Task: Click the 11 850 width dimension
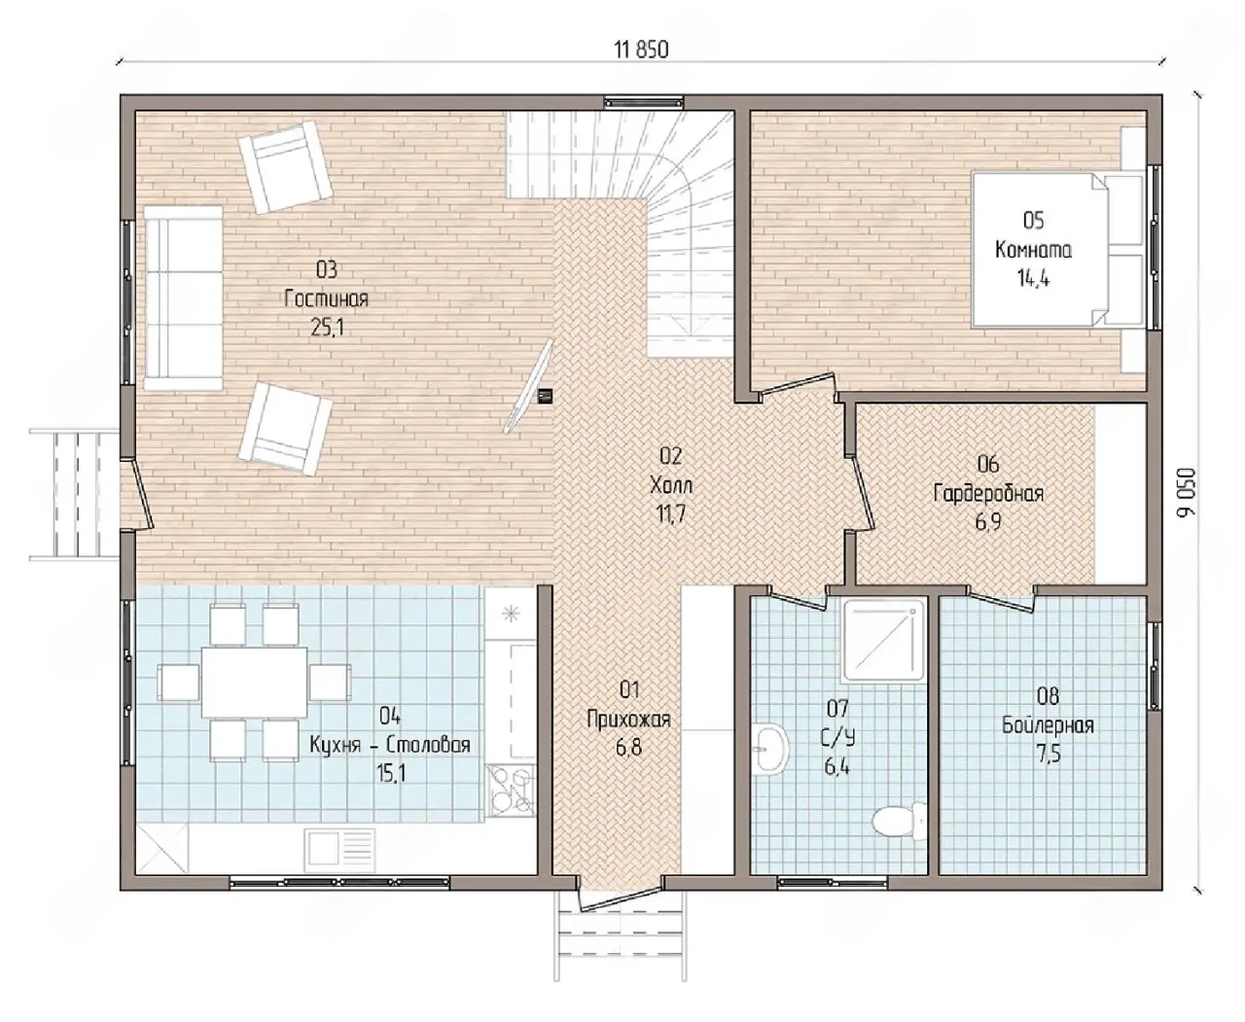pos(641,50)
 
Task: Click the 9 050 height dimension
pos(1186,492)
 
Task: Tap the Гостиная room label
pos(326,299)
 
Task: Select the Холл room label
pos(671,485)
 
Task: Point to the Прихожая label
pos(628,720)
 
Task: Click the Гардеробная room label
pos(988,493)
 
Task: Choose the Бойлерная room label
pos(1048,725)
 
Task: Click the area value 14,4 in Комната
pos(1033,277)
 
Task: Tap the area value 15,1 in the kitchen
pos(390,772)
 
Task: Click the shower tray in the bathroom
pos(883,640)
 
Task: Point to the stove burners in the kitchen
pos(511,791)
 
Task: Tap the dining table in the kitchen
pos(255,682)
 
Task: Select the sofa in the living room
pos(183,298)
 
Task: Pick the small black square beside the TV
pos(545,396)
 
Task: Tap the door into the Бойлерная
pos(1001,600)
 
